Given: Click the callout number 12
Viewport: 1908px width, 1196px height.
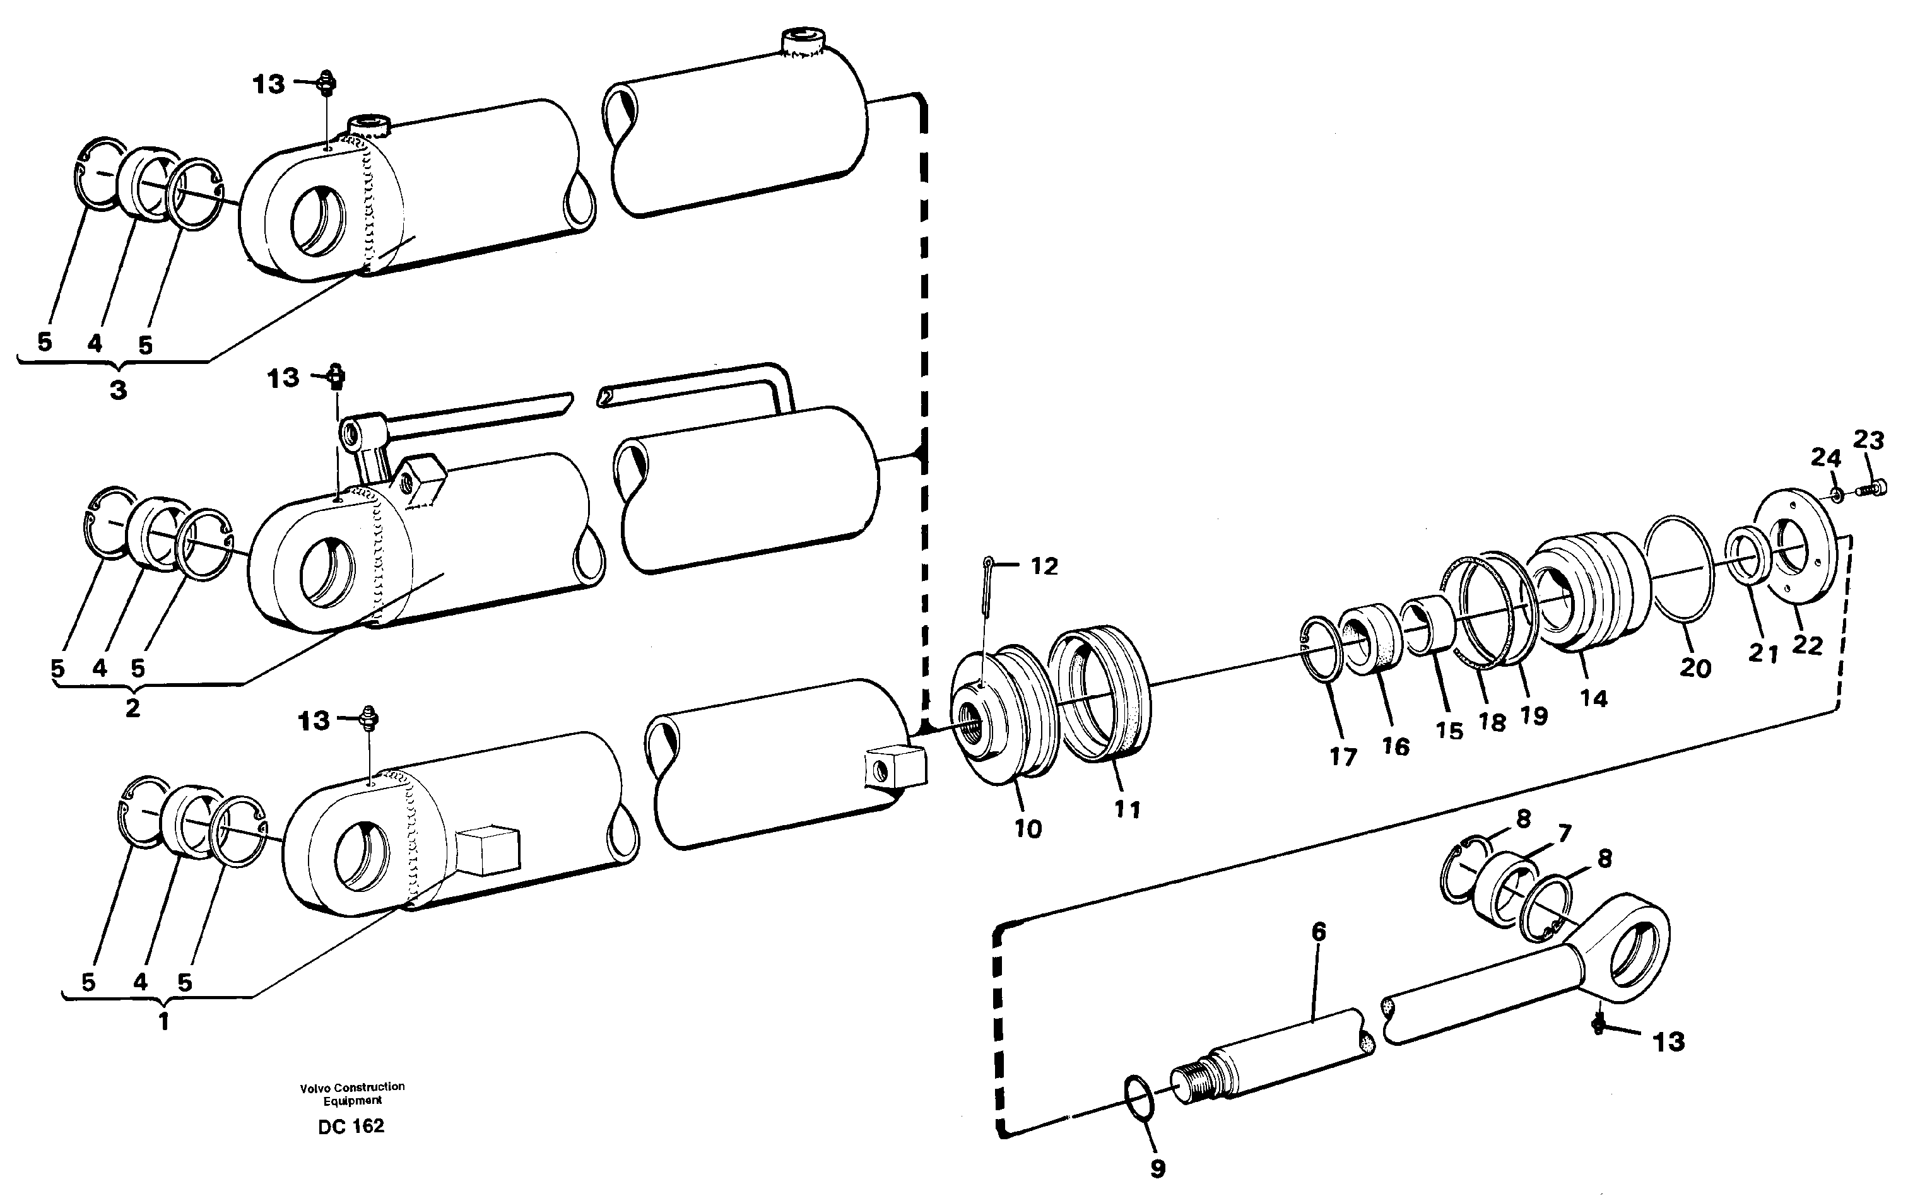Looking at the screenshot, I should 1044,566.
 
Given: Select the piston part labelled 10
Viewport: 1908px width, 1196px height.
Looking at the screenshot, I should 1001,716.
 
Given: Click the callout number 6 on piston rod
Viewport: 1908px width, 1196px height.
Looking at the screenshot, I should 1318,932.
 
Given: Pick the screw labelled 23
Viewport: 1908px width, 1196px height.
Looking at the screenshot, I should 1871,490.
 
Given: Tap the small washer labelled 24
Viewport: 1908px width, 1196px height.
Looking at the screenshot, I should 1837,495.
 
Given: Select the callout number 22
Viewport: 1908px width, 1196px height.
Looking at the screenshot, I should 1807,645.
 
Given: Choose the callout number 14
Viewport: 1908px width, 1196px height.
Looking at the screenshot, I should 1593,698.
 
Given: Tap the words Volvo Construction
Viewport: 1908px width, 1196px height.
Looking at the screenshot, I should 352,1087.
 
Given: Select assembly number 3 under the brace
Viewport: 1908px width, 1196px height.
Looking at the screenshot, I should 118,390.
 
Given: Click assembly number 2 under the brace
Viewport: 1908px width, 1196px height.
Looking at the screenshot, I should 132,707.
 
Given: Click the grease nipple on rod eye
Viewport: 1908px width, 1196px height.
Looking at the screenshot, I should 1598,1025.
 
